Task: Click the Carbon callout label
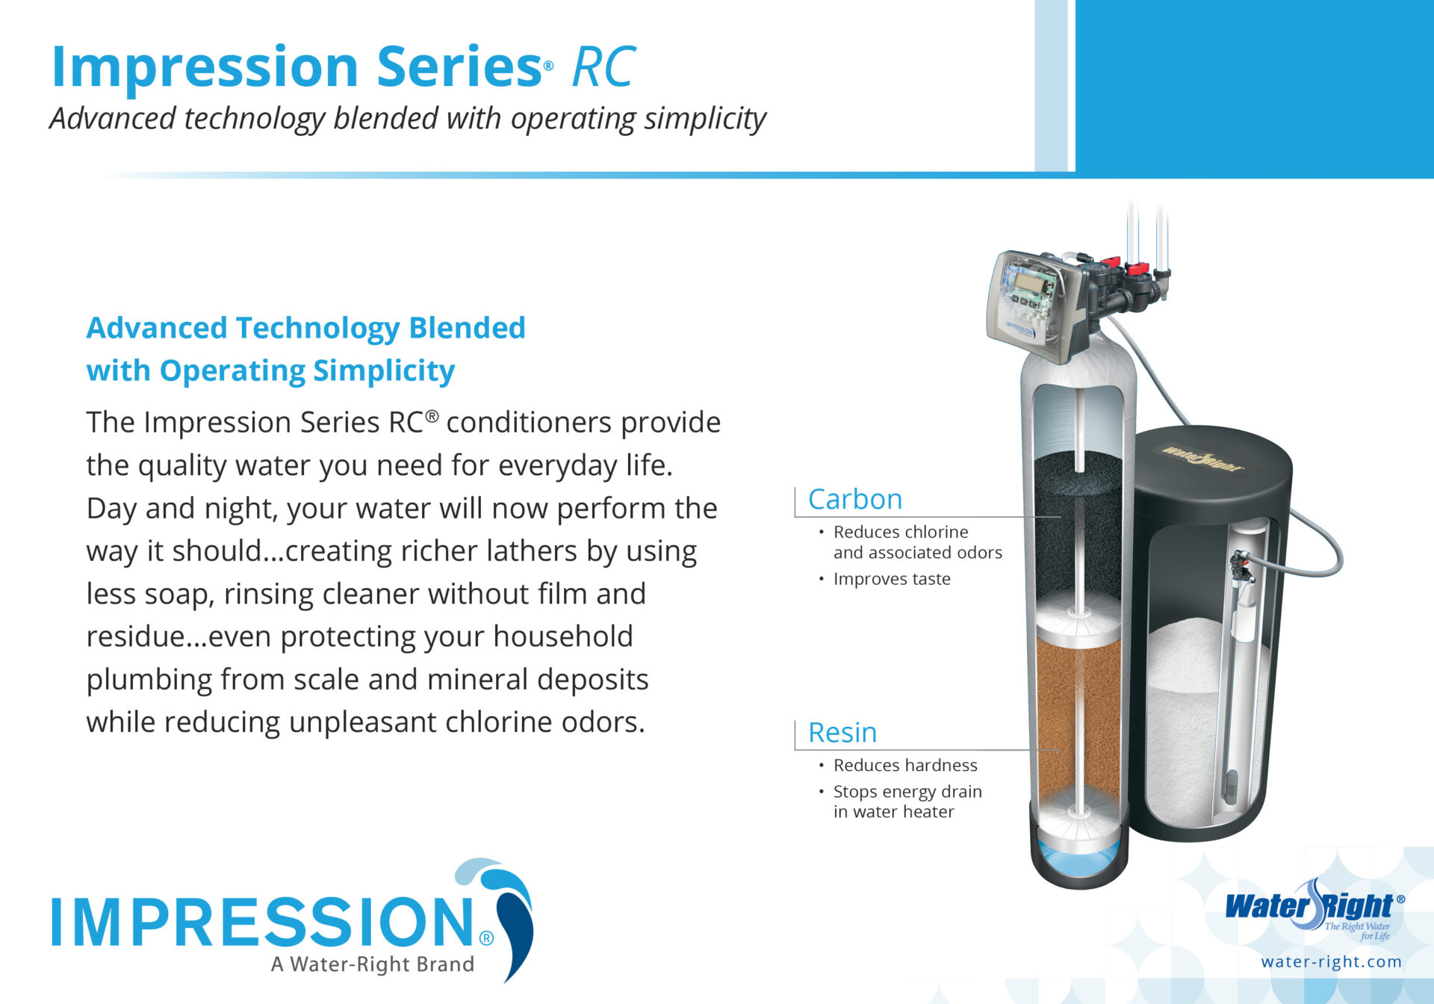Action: [x=855, y=499]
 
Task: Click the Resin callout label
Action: [x=842, y=733]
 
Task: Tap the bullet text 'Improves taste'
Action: [x=892, y=579]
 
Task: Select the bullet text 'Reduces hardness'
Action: [x=905, y=765]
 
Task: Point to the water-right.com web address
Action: [x=1331, y=961]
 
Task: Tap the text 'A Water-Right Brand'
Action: [x=373, y=964]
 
